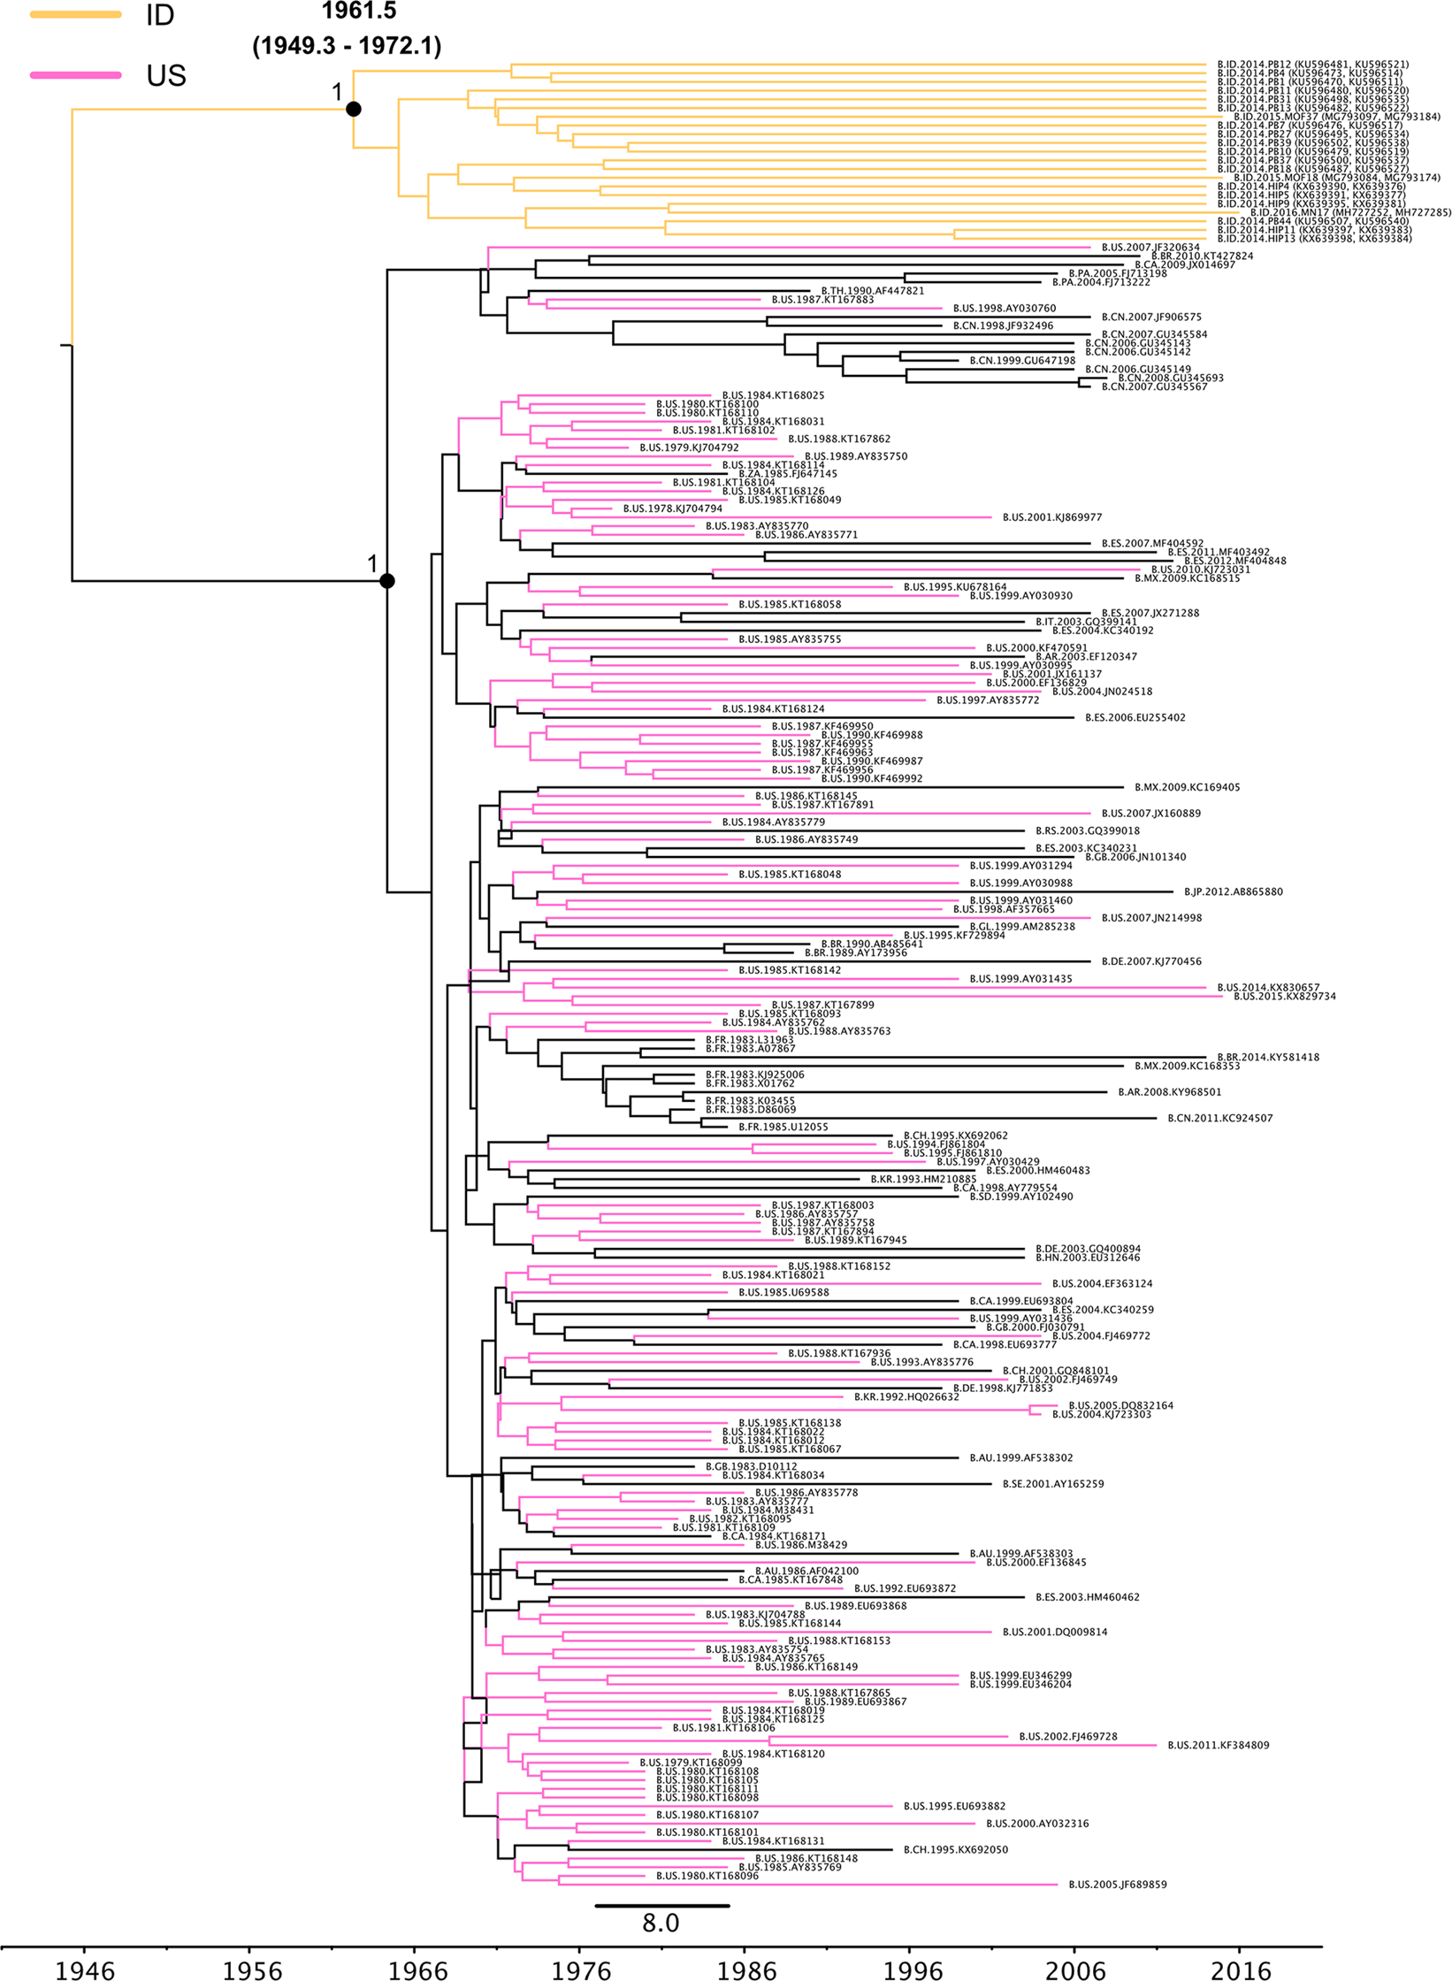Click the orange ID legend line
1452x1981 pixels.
[75, 14]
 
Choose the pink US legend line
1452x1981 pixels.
[75, 75]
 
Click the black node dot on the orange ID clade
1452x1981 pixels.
[354, 109]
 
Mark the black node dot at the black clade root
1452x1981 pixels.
[386, 581]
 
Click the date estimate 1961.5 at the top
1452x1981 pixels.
[359, 11]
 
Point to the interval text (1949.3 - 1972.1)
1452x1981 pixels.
[347, 46]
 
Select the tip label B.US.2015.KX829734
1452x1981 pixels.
[1285, 997]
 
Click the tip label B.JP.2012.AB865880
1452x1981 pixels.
[1234, 892]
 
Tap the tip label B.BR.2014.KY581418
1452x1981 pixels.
[1268, 1058]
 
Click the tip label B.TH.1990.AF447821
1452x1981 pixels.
[873, 291]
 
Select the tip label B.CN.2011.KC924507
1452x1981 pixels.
[1220, 1119]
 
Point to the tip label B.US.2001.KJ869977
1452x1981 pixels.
[1052, 517]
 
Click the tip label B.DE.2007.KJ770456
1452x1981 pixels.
[1151, 961]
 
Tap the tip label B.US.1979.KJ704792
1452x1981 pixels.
[689, 448]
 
